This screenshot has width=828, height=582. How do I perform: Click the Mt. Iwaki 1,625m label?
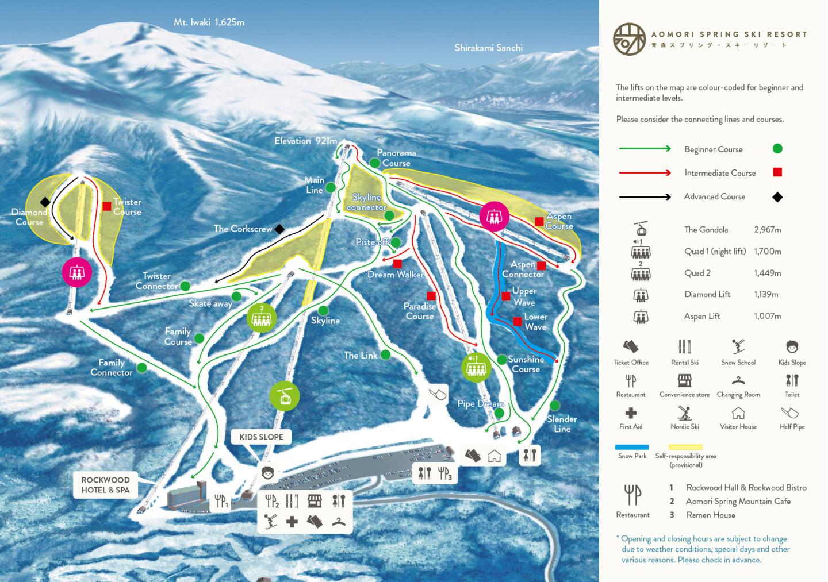(209, 22)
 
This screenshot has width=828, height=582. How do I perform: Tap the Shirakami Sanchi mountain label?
(488, 48)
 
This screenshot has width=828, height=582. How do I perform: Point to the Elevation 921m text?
(305, 141)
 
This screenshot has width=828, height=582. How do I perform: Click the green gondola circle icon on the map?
(285, 396)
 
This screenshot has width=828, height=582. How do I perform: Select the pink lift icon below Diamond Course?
(76, 272)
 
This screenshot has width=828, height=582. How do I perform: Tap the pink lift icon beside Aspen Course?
(494, 217)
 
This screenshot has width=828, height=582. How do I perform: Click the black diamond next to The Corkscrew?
(279, 229)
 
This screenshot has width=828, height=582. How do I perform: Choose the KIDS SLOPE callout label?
(261, 437)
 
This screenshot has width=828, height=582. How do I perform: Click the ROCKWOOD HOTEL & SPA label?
(105, 485)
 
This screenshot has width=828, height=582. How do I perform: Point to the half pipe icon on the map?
(438, 394)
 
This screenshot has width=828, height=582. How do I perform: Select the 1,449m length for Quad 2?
(767, 273)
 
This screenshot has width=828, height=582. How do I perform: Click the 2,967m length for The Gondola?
(767, 229)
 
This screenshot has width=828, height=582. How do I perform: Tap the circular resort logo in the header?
(629, 39)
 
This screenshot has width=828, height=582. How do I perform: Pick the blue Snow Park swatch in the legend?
(632, 447)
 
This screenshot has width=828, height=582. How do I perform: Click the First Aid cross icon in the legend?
(631, 413)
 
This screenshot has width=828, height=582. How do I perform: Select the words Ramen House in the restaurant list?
(711, 515)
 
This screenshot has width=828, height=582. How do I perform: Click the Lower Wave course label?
(535, 322)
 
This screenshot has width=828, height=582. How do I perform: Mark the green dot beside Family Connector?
(141, 368)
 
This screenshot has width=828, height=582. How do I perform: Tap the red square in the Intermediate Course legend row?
(777, 172)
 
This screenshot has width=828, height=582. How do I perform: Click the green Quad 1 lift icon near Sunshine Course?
(476, 367)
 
